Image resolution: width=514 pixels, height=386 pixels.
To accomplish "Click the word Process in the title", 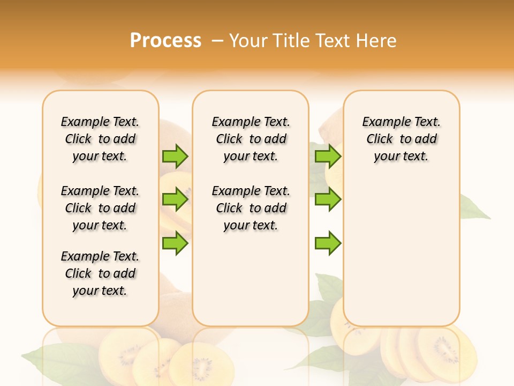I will click(x=165, y=41).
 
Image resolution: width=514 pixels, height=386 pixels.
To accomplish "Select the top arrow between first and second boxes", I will click(x=175, y=156).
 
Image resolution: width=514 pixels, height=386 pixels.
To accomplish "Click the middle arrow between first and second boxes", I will click(x=175, y=199).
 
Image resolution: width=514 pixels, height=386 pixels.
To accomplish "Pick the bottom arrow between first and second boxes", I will click(x=175, y=243).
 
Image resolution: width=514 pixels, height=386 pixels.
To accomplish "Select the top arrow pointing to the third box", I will click(x=328, y=156).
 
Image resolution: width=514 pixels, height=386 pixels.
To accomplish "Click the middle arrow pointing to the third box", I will click(x=328, y=199).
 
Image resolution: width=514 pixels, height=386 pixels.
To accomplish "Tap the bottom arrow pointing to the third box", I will click(x=328, y=243).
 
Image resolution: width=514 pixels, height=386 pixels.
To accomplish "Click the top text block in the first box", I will click(x=100, y=139).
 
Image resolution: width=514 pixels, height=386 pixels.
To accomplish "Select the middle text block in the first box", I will click(x=100, y=208).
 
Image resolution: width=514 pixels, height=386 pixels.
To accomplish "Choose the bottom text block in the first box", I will click(x=100, y=273).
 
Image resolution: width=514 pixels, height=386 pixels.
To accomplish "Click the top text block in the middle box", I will click(x=251, y=139).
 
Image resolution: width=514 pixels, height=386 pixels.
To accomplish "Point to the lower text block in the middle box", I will click(x=251, y=208).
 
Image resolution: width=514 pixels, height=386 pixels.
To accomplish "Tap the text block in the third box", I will click(x=402, y=139).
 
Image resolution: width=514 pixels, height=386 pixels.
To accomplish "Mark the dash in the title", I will click(x=217, y=41).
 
